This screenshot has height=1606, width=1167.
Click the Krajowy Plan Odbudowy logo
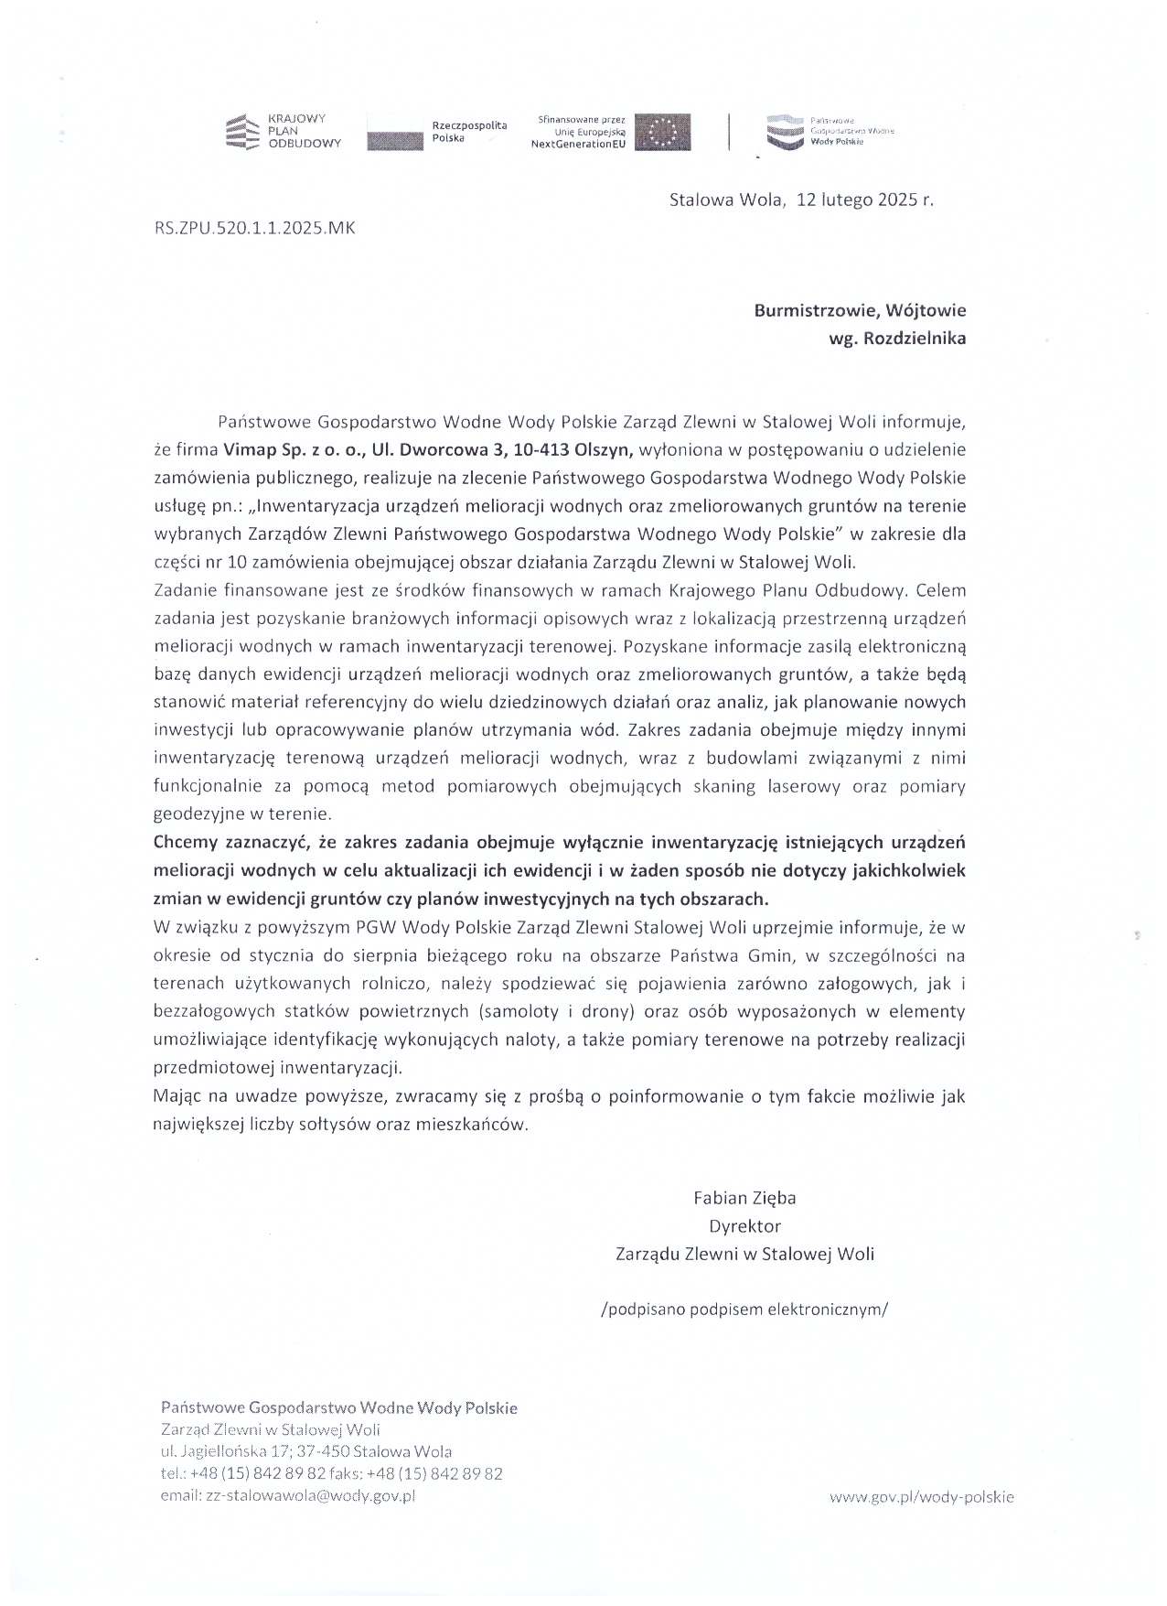[283, 132]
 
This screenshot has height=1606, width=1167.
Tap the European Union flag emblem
[663, 133]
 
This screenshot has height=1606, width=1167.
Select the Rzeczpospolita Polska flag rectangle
[395, 133]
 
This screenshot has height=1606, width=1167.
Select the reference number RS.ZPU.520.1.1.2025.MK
[254, 229]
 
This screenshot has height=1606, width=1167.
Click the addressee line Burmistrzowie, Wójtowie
[860, 310]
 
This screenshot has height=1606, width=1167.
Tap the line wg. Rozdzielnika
[896, 339]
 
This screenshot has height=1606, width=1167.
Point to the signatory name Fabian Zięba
[744, 1197]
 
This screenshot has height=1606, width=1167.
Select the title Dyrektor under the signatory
[744, 1225]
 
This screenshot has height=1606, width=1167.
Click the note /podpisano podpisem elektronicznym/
[744, 1309]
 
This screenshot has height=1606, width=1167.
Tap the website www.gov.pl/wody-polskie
[922, 1497]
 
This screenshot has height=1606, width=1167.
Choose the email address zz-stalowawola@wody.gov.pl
[288, 1496]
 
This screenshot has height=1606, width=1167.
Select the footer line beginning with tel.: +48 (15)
[331, 1474]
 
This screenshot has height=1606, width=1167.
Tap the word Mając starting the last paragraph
[177, 1096]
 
